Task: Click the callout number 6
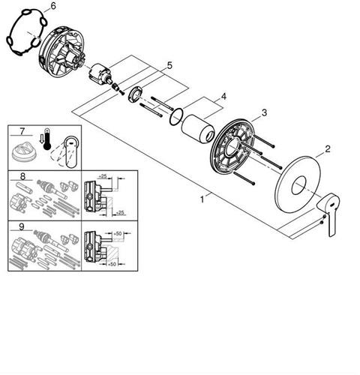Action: (x=53, y=6)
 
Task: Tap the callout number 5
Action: (x=169, y=66)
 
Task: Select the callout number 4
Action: (x=223, y=96)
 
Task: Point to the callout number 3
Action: (x=264, y=112)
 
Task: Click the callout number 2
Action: (x=328, y=149)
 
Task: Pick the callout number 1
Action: (x=202, y=199)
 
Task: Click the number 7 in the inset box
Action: (x=22, y=131)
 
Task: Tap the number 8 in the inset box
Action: (x=22, y=176)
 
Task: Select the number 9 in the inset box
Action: (x=22, y=226)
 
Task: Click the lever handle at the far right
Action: (x=329, y=212)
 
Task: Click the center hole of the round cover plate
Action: (x=298, y=185)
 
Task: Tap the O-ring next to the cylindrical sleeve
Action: (x=176, y=116)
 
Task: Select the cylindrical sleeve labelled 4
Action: (x=198, y=129)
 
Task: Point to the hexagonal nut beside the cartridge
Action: (x=136, y=94)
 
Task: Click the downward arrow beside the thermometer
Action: (x=40, y=139)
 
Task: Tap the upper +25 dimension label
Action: (x=102, y=176)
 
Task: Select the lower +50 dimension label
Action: (x=112, y=264)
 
